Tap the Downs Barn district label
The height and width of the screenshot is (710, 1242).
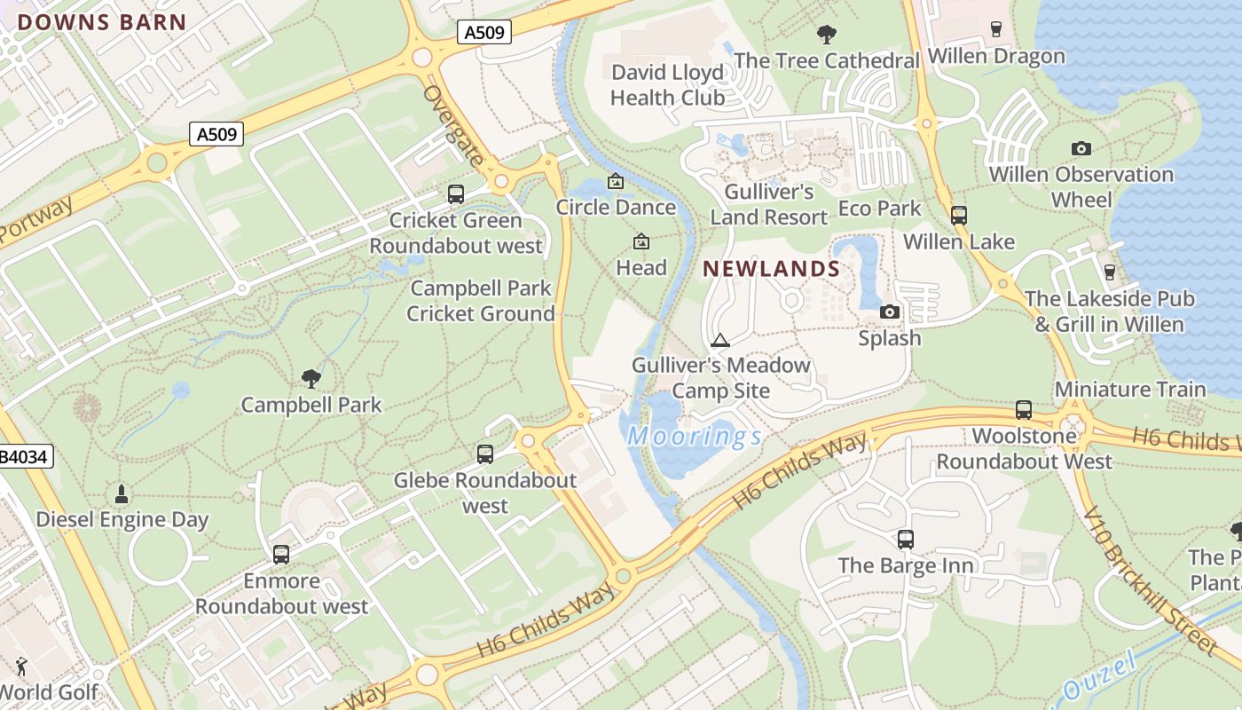pyautogui.click(x=102, y=23)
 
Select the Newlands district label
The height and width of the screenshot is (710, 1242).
pyautogui.click(x=772, y=268)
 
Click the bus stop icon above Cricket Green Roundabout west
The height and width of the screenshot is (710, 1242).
pyautogui.click(x=456, y=193)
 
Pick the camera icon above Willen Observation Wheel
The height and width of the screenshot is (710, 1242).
pyautogui.click(x=1081, y=148)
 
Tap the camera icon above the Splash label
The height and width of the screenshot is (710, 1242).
pyautogui.click(x=889, y=312)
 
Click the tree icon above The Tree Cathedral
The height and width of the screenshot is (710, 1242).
pyautogui.click(x=826, y=35)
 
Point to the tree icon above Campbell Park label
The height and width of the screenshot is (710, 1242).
pyautogui.click(x=310, y=379)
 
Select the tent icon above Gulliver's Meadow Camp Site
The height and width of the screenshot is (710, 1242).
pyautogui.click(x=720, y=340)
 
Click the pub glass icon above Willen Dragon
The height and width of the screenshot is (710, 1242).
pyautogui.click(x=996, y=29)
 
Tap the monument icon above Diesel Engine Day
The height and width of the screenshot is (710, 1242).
pyautogui.click(x=122, y=493)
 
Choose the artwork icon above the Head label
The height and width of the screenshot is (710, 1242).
pyautogui.click(x=641, y=241)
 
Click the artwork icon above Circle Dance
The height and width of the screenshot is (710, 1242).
pyautogui.click(x=615, y=182)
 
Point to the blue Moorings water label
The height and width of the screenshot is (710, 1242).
pyautogui.click(x=694, y=436)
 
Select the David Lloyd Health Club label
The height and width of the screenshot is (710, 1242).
pyautogui.click(x=667, y=85)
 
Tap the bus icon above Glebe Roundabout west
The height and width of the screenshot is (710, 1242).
pyautogui.click(x=485, y=454)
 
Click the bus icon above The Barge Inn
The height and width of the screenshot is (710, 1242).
pyautogui.click(x=905, y=539)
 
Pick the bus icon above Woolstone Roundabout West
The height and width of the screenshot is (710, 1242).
pyautogui.click(x=1024, y=410)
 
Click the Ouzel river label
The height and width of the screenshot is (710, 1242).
pyautogui.click(x=1098, y=677)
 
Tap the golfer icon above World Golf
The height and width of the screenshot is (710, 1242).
pyautogui.click(x=21, y=666)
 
